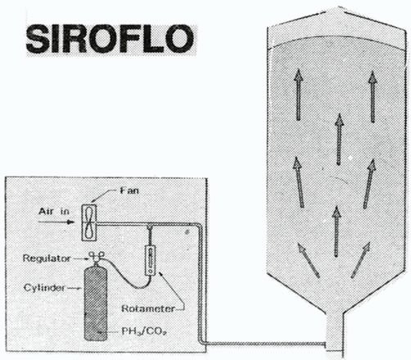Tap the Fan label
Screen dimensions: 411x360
(129, 191)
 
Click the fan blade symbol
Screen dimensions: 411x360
(89, 223)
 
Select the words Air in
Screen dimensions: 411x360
(54, 211)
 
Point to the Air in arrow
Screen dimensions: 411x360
(56, 222)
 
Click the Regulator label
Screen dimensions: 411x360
(47, 258)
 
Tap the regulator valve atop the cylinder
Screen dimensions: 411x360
(96, 258)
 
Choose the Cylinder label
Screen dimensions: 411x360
(44, 288)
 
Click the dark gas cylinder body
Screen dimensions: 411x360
(96, 304)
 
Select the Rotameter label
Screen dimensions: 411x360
(148, 308)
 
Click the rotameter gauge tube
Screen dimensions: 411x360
(150, 260)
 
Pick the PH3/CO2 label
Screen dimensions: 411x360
(144, 331)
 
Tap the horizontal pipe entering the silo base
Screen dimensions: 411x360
(264, 344)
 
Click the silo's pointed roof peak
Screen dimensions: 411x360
(339, 10)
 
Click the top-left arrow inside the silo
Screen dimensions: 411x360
(299, 95)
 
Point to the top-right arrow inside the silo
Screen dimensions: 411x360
(373, 97)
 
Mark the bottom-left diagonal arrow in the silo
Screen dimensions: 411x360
(308, 260)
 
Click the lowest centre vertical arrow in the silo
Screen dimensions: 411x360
(336, 232)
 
